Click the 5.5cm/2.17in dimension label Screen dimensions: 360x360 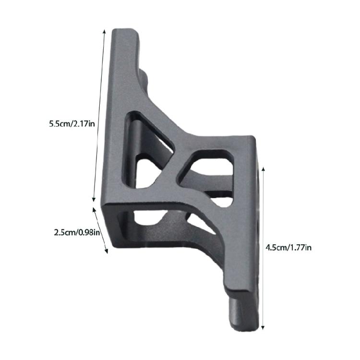pos(72,123)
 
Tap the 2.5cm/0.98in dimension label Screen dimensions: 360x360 pos(77,233)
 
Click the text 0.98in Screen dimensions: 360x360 pos(90,233)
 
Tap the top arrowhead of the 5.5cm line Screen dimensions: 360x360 pos(105,30)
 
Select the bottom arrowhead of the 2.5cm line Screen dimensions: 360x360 pos(107,252)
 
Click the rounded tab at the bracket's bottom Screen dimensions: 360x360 pos(240,314)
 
